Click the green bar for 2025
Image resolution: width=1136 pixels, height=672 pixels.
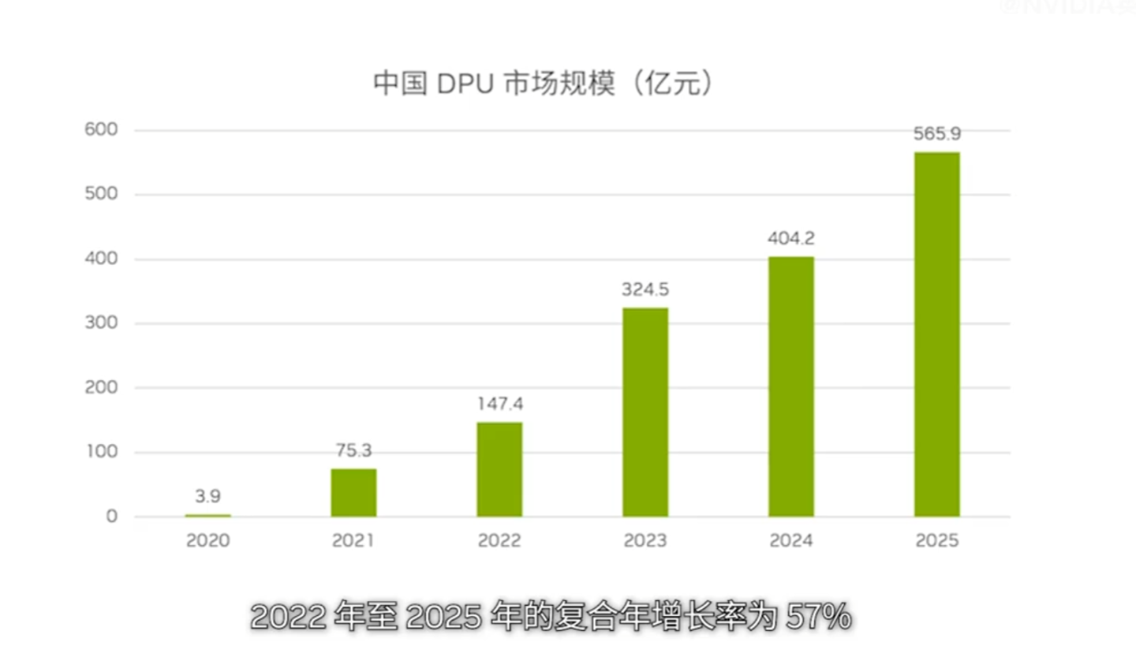coord(936,334)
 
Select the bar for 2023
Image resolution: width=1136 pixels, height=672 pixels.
coord(645,412)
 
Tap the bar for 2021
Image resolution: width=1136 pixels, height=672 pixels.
coord(353,493)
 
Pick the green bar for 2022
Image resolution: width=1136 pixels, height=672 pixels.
coord(499,469)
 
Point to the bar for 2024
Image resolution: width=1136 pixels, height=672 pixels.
coord(790,386)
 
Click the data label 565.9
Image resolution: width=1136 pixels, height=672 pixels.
coord(936,133)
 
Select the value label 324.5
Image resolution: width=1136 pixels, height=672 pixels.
coord(645,289)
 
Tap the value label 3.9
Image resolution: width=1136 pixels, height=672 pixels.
coord(207,496)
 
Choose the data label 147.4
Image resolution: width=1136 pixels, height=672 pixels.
coord(499,404)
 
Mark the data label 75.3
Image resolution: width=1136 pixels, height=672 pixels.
coord(353,450)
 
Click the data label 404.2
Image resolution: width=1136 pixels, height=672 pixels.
coord(790,238)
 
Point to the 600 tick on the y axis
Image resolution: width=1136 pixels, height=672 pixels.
coord(101,129)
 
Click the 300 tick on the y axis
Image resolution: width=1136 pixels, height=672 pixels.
coord(101,323)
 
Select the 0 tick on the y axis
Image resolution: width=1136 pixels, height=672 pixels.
coord(111,516)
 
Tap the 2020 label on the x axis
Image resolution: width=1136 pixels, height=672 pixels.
coord(207,540)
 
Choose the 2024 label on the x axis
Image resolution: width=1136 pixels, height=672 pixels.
coord(790,540)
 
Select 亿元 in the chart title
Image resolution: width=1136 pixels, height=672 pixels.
coord(672,84)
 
